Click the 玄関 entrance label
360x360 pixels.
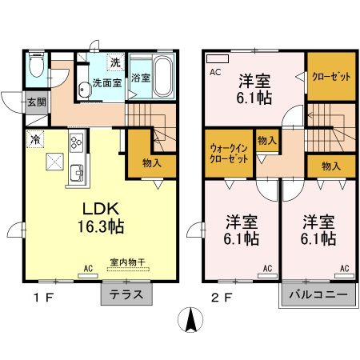36,102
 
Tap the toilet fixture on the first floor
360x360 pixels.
35,66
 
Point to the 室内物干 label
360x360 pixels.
125,262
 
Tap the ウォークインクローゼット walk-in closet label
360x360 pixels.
228,153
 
